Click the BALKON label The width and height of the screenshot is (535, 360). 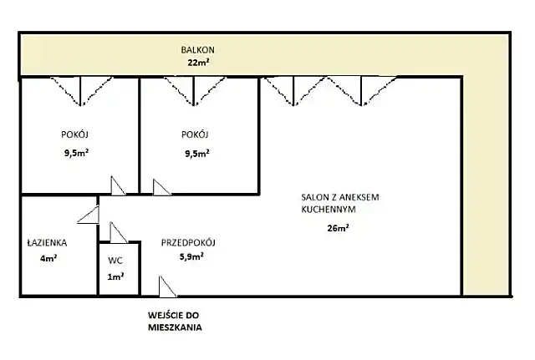197,50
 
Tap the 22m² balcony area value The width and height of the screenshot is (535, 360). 198,63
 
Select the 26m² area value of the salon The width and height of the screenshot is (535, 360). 338,228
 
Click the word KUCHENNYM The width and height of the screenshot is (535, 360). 329,210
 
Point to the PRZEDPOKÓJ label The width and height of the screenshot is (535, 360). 188,243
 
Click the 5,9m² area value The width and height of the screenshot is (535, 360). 191,256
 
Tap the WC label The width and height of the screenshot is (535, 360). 115,261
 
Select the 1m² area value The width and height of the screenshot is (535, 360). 115,276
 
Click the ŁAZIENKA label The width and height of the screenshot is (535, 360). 47,243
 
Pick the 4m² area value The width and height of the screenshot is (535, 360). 48,258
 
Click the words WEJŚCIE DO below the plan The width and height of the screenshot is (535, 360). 173,315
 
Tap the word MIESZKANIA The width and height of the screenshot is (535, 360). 175,327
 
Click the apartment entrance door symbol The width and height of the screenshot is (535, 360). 167,286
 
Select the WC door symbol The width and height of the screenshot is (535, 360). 119,232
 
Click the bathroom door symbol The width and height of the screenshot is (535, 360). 89,215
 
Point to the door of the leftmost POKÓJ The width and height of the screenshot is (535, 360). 118,185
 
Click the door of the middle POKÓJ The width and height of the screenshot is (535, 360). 161,187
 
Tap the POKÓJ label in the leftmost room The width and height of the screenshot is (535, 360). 74,134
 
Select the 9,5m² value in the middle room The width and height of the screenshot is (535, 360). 197,154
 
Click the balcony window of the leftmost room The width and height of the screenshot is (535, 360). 80,91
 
